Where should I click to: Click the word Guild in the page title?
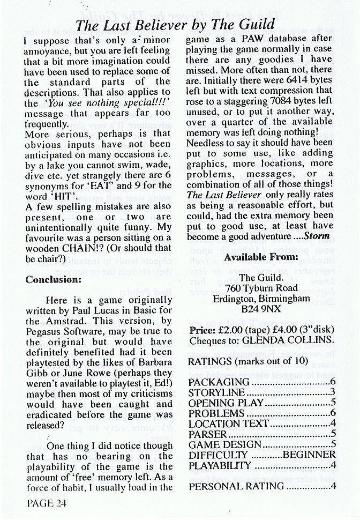click(x=253, y=24)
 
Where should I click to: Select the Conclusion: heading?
click(x=52, y=279)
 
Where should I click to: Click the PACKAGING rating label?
click(x=219, y=382)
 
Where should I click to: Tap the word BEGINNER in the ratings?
click(x=310, y=456)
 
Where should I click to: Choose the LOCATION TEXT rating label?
click(x=228, y=424)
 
